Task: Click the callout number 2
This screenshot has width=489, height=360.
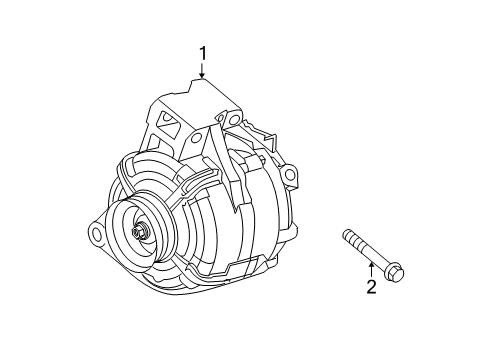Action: pos(371,289)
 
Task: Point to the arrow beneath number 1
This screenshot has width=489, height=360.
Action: pos(202,70)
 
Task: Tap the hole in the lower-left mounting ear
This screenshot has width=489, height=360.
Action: pos(98,235)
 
